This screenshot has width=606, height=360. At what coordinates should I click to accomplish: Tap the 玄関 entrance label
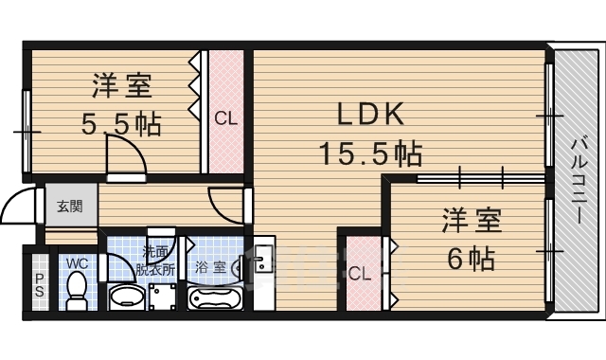coord(68,207)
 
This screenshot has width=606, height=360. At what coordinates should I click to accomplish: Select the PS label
coord(39,285)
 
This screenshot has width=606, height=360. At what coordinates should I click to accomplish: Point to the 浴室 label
coord(210,267)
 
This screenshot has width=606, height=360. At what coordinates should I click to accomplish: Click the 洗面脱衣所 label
coord(157,261)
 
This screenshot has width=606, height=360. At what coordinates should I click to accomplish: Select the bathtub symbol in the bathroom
coord(217,298)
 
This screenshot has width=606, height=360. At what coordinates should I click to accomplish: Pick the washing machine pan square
coord(163,297)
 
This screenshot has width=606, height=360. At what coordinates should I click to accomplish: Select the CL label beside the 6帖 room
coord(359,275)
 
